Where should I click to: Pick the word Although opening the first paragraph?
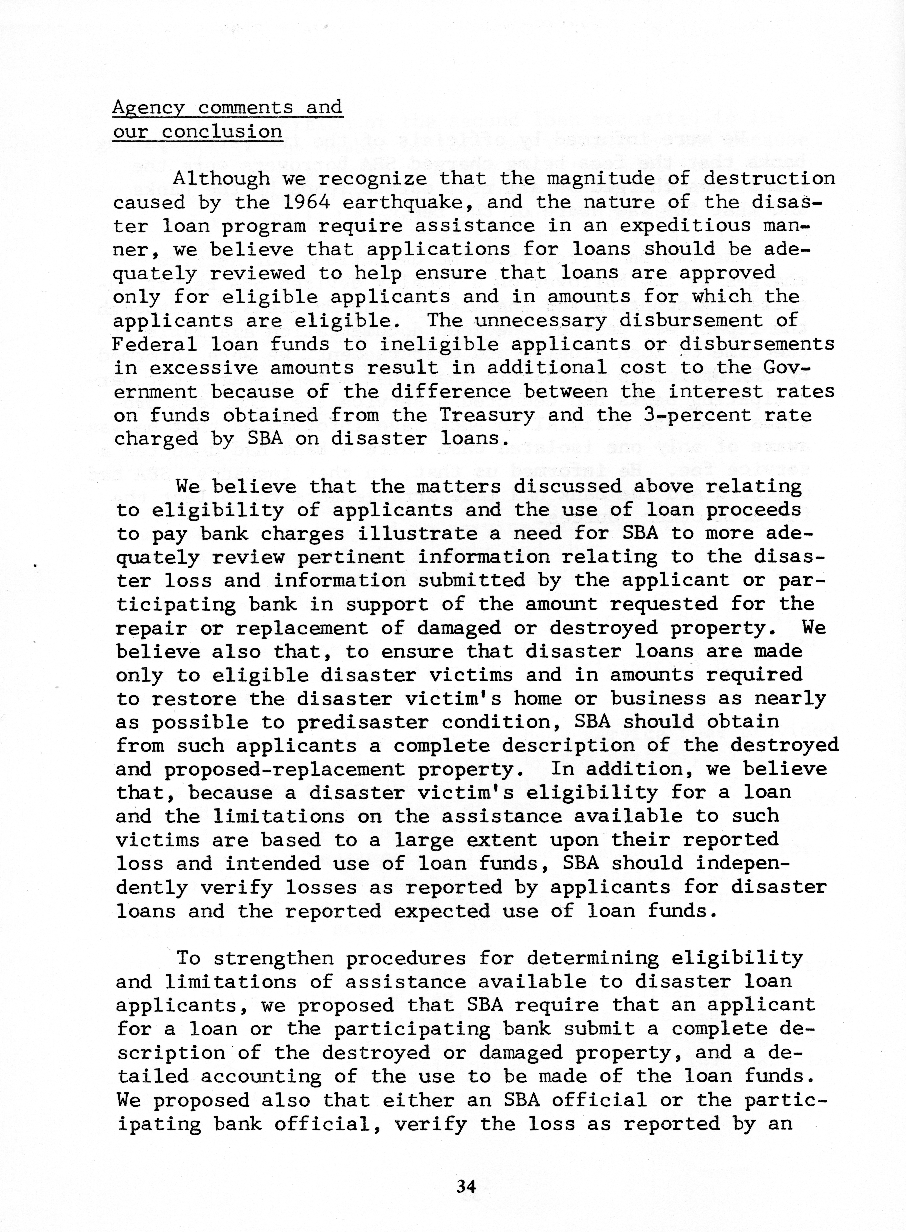pos(221,179)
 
